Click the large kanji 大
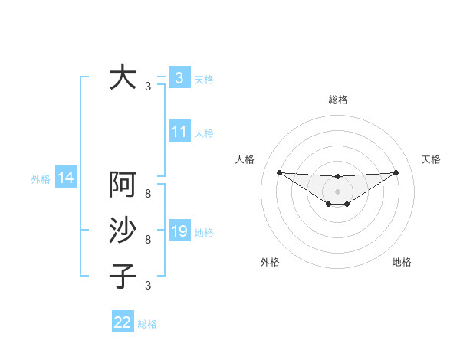coord(123,78)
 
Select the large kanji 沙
coord(123,231)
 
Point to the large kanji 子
coord(123,275)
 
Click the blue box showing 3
coord(179,78)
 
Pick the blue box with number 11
coord(179,132)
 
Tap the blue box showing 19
coord(179,231)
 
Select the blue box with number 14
coord(66,178)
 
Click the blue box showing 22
coord(123,322)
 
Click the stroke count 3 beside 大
coord(148,87)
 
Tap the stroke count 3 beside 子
coord(148,286)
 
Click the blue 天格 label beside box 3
coord(204,79)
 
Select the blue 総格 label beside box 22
coord(147,324)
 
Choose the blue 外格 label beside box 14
coord(41,179)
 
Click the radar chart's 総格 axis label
coord(337,100)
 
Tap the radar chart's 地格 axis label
coord(402,262)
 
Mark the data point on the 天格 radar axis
coord(396,172)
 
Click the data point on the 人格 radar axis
coord(279,172)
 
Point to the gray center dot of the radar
coord(337,191)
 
